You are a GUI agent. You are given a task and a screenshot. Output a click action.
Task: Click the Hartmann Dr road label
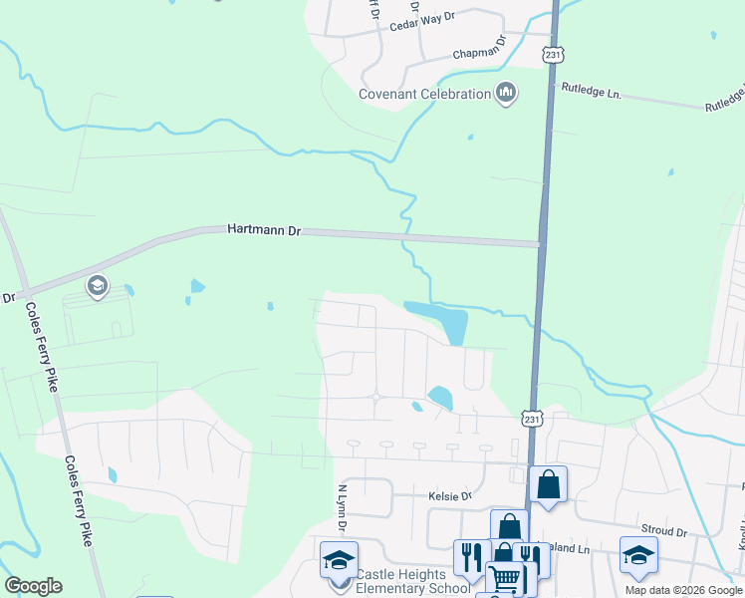[264, 230]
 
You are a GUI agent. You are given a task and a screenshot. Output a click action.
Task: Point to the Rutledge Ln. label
[592, 93]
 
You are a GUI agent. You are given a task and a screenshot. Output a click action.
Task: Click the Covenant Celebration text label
[425, 95]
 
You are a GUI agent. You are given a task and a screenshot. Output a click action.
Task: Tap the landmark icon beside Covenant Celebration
[507, 94]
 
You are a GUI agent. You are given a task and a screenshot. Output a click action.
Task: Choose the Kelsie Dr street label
[449, 495]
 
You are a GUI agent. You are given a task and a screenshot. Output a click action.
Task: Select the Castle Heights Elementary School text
[413, 581]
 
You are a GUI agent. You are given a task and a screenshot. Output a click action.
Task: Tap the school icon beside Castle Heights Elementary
[339, 561]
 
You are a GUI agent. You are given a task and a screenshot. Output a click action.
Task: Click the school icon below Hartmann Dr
[97, 287]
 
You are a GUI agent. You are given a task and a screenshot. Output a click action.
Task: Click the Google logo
[33, 586]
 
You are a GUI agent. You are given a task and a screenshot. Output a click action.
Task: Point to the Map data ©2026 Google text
[683, 590]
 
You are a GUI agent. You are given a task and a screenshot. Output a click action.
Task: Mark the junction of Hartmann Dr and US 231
[540, 243]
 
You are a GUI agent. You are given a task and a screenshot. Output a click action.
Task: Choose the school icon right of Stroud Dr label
[637, 555]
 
